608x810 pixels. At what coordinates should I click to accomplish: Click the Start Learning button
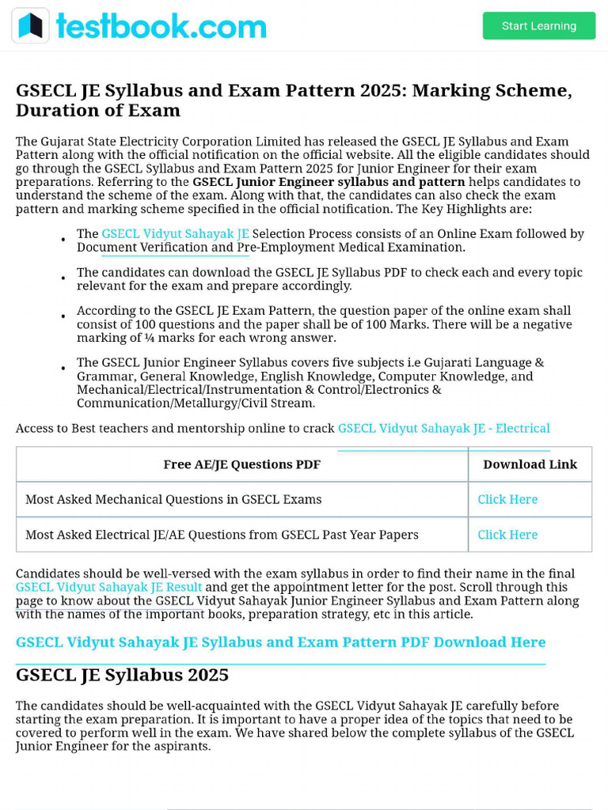538,26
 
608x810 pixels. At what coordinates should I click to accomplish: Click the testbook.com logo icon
31,26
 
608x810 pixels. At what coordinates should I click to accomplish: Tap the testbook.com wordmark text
161,26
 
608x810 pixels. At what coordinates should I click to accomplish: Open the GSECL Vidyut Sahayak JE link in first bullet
175,234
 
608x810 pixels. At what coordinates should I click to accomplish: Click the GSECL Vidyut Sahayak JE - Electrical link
443,429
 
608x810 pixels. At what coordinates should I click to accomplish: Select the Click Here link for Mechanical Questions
507,500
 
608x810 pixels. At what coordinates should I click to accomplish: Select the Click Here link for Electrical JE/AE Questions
507,535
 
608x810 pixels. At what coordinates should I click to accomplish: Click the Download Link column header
530,464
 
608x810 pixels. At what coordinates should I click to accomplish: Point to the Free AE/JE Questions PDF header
241,464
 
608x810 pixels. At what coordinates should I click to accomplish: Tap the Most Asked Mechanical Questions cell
173,500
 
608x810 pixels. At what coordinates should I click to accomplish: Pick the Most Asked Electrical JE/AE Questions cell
222,535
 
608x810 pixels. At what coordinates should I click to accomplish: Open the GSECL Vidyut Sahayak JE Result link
108,588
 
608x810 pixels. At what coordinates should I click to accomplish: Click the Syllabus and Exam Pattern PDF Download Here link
280,642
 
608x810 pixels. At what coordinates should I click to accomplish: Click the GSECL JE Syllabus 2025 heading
122,675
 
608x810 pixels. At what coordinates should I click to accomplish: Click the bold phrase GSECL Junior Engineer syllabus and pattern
329,182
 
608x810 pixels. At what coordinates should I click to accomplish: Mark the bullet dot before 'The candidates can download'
63,278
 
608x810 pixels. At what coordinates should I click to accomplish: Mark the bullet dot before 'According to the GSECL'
63,317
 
